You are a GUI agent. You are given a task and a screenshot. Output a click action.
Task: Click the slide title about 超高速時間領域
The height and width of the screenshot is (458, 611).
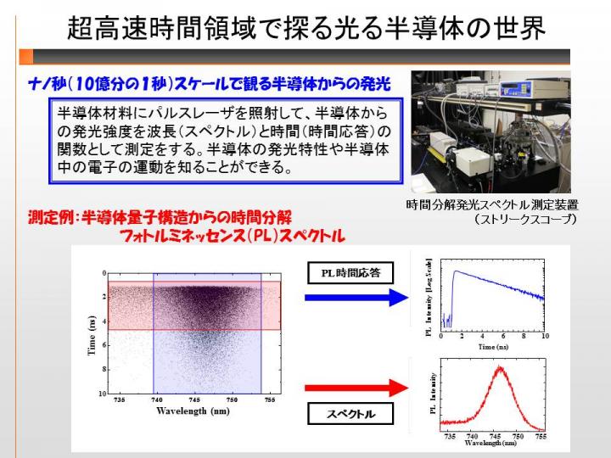click(306, 28)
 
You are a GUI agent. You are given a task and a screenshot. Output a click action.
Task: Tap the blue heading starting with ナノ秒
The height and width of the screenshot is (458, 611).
click(210, 84)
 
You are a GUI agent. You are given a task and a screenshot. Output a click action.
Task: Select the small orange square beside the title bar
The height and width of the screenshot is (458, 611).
click(26, 57)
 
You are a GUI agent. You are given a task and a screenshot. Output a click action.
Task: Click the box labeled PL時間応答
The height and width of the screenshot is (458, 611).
click(350, 272)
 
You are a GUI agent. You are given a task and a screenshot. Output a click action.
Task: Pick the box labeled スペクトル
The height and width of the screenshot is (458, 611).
click(350, 414)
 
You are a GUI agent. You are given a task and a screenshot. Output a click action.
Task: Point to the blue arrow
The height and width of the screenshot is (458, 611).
click(356, 298)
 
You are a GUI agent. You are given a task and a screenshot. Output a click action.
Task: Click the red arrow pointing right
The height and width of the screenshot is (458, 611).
click(356, 388)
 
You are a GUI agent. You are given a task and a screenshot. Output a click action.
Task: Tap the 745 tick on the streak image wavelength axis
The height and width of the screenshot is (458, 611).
click(194, 400)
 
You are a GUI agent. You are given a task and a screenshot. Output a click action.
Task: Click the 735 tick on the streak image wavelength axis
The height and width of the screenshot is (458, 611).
click(119, 400)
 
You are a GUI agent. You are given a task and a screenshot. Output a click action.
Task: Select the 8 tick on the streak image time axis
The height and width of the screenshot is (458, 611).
click(104, 369)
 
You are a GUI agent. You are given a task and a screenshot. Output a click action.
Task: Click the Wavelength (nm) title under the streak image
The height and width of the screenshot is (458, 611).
click(193, 411)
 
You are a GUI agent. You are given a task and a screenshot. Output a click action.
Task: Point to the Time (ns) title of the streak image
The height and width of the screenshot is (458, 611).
click(92, 335)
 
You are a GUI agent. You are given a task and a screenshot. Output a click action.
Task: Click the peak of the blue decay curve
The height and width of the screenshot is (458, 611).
click(456, 271)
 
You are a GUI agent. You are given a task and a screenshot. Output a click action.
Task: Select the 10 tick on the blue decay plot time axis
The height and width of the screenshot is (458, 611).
click(545, 336)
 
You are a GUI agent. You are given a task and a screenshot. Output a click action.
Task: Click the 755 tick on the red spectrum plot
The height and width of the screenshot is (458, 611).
click(541, 437)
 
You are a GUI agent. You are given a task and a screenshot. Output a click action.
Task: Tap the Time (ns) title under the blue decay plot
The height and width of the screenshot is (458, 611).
click(493, 347)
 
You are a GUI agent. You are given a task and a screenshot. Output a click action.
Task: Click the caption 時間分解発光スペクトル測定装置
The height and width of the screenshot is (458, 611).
click(492, 205)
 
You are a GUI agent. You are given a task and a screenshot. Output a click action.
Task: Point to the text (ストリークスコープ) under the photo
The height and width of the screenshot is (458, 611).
click(525, 220)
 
